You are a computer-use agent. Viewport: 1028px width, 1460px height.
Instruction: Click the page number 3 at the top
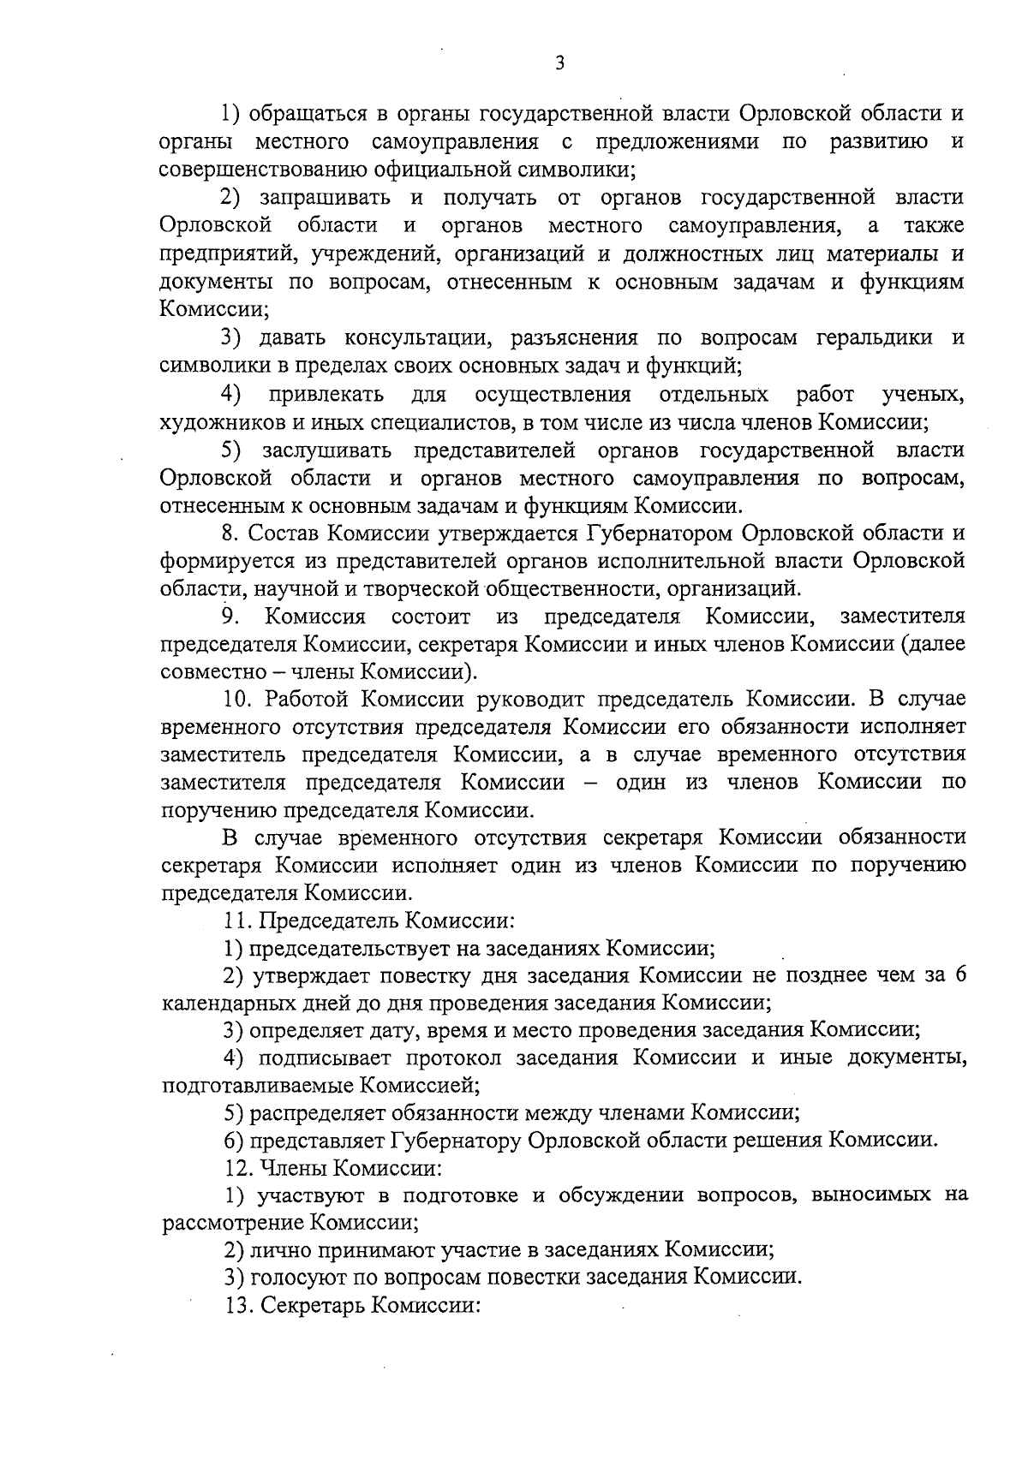tap(559, 63)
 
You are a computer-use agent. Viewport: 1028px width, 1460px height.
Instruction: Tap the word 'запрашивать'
tap(326, 198)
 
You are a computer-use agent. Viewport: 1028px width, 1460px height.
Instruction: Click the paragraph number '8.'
tap(230, 533)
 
